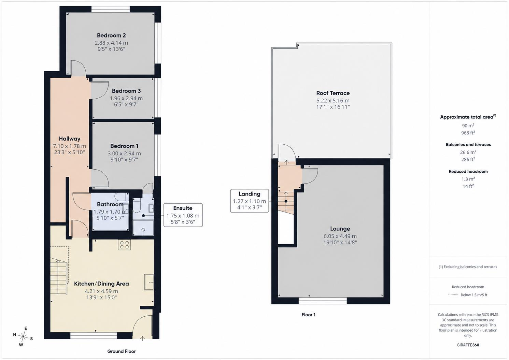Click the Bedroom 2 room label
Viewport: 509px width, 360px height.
(x=111, y=35)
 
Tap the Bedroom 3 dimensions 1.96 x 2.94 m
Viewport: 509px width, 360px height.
(x=126, y=98)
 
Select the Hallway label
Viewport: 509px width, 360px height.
(x=70, y=139)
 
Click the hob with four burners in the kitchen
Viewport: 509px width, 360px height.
(x=124, y=245)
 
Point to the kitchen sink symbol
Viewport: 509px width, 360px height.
(x=149, y=282)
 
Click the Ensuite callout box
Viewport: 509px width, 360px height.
(x=183, y=215)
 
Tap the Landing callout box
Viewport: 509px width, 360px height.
(x=250, y=201)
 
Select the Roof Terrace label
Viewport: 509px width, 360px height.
(x=333, y=93)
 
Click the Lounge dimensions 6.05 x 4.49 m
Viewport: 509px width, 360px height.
(x=340, y=236)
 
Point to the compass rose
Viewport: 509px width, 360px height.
(x=23, y=336)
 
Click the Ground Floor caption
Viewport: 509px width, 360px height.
(x=121, y=351)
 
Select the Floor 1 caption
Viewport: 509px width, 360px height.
(x=308, y=315)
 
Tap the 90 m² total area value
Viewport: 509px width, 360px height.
(x=468, y=126)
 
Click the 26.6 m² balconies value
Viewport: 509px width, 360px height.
(x=468, y=152)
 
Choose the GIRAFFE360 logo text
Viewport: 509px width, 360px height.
(x=468, y=345)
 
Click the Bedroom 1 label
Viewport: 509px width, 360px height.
(x=124, y=146)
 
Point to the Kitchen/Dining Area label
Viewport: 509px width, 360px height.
(x=101, y=284)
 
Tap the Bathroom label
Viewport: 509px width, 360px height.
(x=110, y=204)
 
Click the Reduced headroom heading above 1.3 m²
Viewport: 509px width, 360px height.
(x=468, y=172)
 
